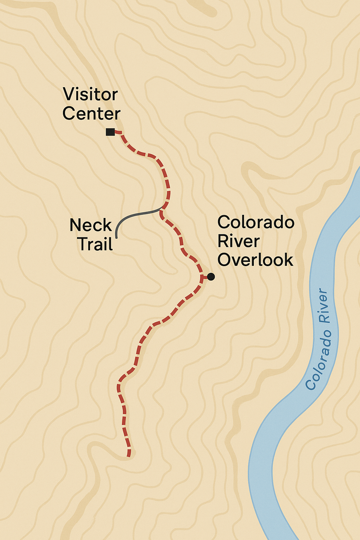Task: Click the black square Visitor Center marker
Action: click(x=110, y=132)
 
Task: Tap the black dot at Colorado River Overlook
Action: click(x=211, y=277)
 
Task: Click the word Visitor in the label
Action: click(x=90, y=95)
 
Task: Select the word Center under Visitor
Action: click(x=91, y=114)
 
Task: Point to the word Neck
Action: click(x=90, y=225)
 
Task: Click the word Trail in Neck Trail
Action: click(x=95, y=244)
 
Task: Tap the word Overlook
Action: click(x=255, y=260)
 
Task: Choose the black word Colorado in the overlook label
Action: click(x=256, y=222)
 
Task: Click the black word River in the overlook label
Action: click(x=238, y=241)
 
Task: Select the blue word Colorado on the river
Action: click(x=318, y=360)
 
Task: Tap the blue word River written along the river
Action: click(x=323, y=306)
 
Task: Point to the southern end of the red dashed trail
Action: click(x=129, y=456)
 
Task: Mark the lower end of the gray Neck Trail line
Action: click(x=116, y=233)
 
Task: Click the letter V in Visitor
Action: click(x=69, y=95)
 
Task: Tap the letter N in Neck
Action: click(x=76, y=225)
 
